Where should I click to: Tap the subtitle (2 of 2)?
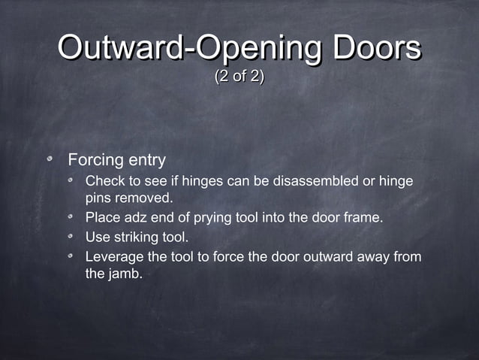tap(239, 77)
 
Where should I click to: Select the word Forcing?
tap(94, 161)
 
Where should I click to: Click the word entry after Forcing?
tap(144, 161)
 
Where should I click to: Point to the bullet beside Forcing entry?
tap(51, 160)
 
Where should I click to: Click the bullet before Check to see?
tap(70, 182)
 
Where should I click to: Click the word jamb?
tap(124, 274)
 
